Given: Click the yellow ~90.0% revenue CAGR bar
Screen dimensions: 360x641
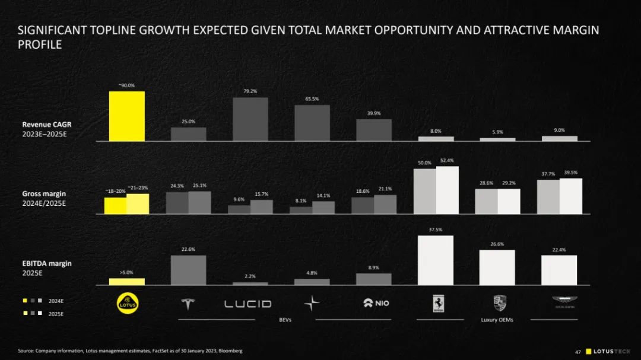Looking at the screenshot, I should [126, 116].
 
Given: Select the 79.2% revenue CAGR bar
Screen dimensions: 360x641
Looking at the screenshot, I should [250, 119].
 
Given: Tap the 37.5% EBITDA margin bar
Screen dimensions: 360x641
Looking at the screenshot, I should [435, 260].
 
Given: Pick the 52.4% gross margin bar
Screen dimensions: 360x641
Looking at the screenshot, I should [447, 190].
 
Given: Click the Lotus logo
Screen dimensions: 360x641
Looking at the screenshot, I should [126, 303].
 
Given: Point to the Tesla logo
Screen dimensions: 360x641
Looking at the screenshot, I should [188, 304].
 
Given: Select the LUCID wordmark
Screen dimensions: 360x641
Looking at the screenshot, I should [247, 304].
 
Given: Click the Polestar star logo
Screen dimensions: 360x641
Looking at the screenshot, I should [312, 304].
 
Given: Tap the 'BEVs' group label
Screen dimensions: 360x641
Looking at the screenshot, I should [285, 320].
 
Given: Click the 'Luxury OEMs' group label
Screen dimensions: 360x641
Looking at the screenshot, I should [497, 320].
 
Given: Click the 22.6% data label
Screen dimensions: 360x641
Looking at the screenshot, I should [188, 250].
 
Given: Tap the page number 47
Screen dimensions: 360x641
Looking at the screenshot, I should [577, 352].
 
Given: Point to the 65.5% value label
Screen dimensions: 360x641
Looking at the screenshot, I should [312, 99].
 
